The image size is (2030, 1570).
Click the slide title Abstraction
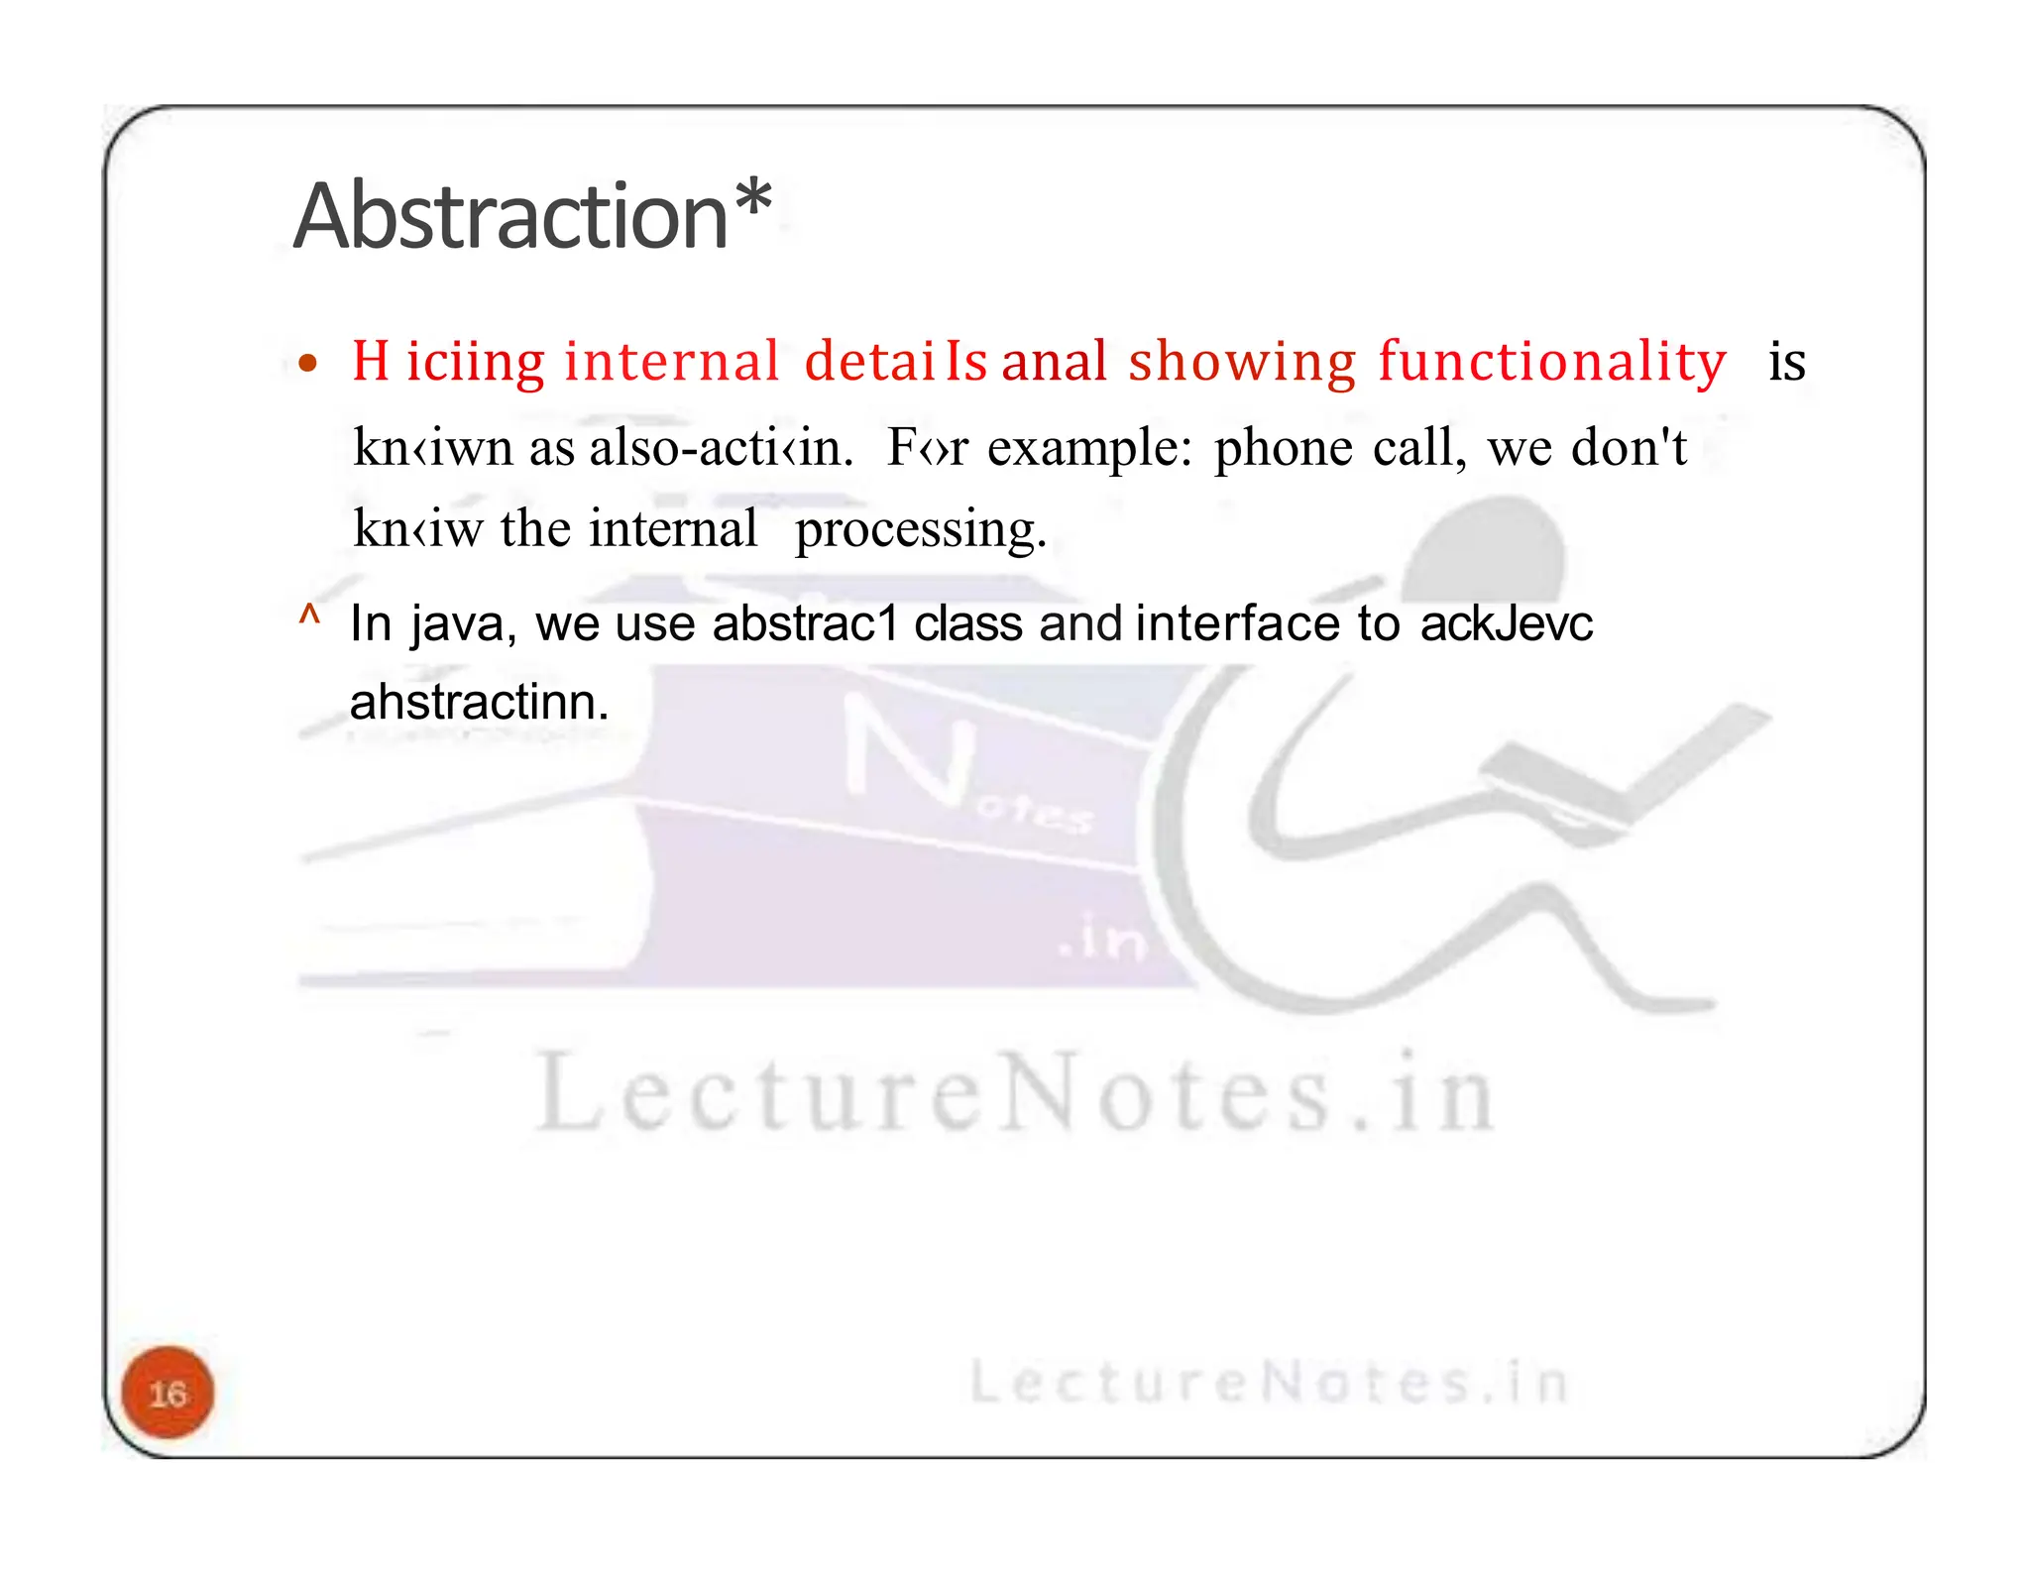click(510, 217)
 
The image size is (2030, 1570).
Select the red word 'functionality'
click(1552, 361)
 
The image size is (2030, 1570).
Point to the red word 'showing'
click(1242, 363)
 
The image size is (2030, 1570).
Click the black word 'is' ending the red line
click(1786, 363)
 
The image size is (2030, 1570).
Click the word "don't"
click(1629, 447)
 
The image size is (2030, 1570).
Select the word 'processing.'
click(920, 530)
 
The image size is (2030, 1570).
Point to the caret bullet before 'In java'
click(309, 617)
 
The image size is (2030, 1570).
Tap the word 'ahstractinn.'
click(479, 703)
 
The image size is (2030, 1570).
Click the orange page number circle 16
click(168, 1393)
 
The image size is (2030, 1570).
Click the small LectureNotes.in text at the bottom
click(1268, 1383)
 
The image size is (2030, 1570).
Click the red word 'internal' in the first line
click(671, 361)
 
